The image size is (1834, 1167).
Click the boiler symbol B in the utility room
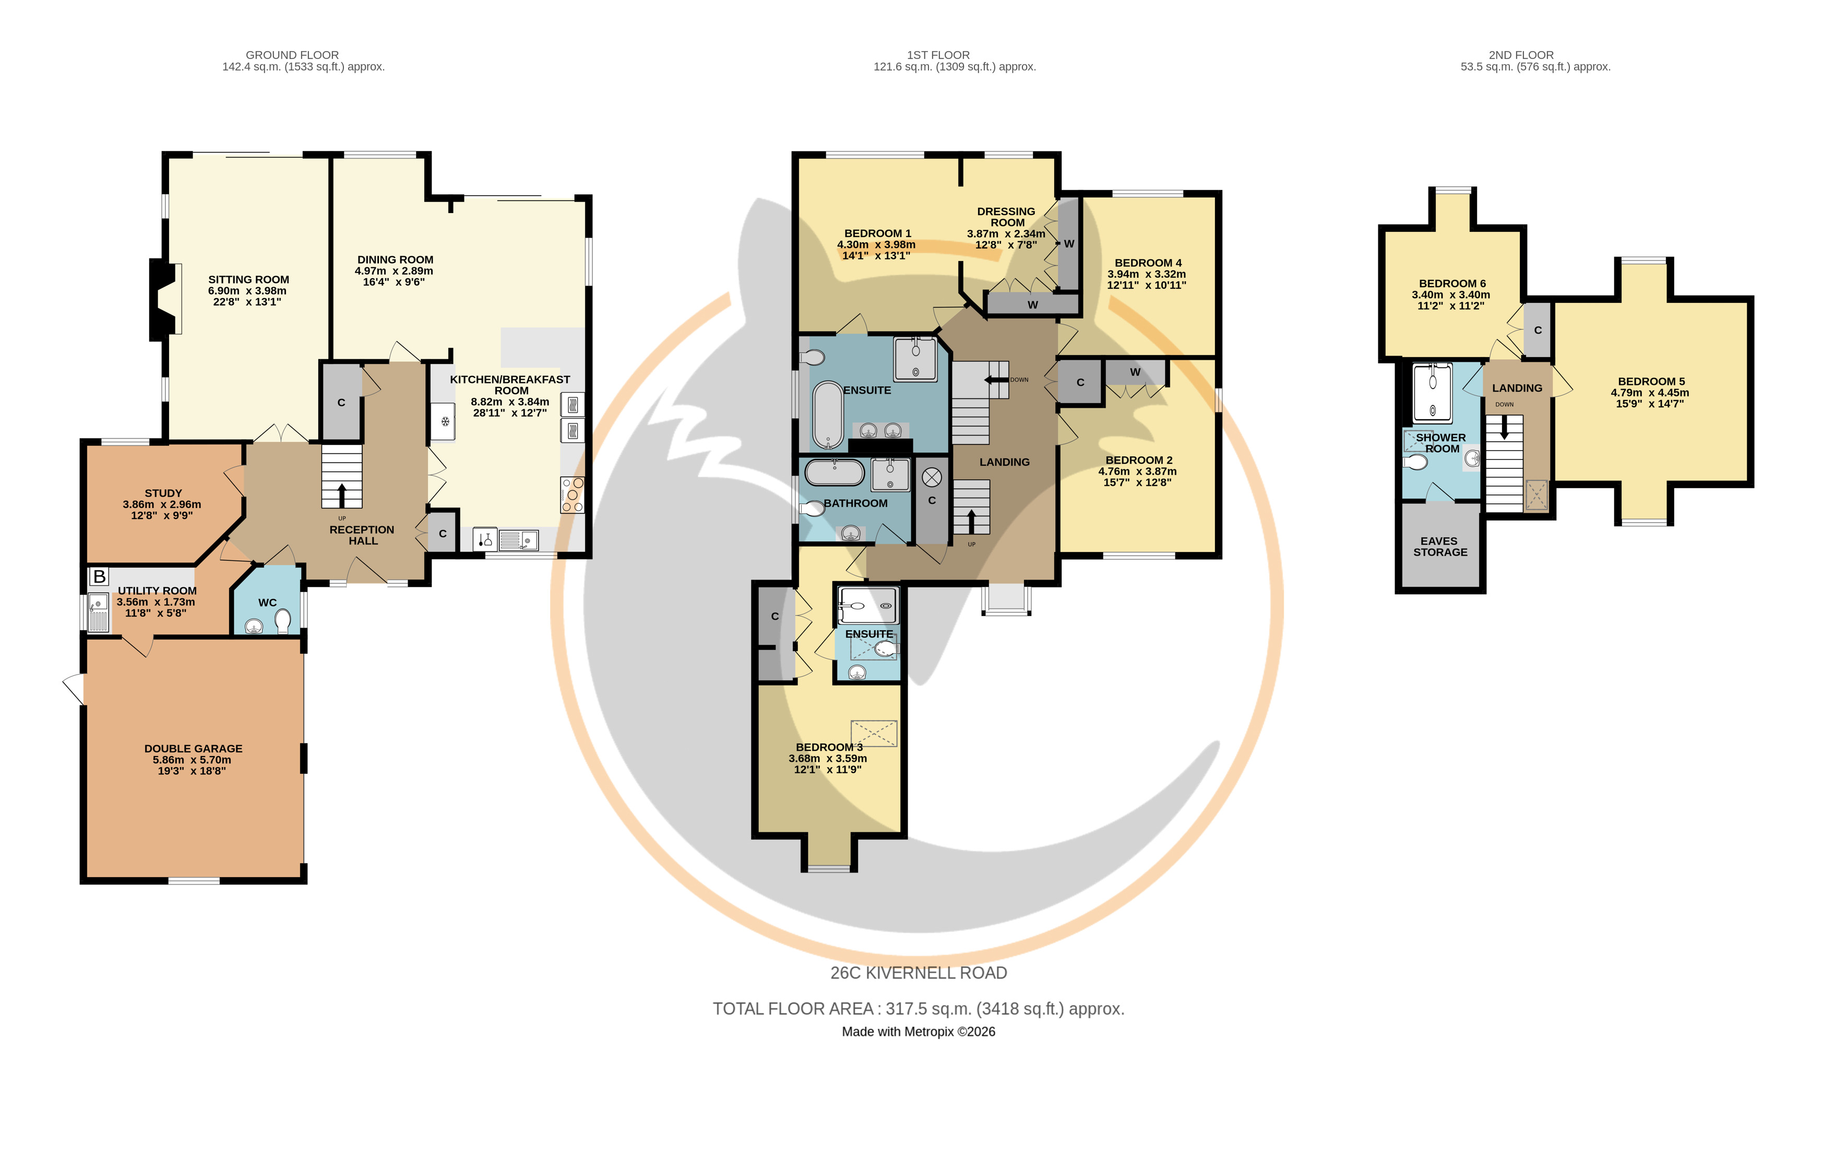tap(99, 576)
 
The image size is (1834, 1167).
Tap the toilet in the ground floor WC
tap(282, 621)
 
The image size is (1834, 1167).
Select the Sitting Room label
tap(248, 279)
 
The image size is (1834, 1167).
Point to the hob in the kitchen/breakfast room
tap(572, 494)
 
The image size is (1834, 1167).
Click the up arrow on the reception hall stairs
tap(340, 495)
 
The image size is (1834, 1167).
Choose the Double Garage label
tap(194, 749)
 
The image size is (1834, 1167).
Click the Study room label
tap(163, 493)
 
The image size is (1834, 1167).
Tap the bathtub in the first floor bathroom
tap(834, 473)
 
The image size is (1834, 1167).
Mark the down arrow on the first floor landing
tap(995, 380)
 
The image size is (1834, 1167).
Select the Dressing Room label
tap(1006, 217)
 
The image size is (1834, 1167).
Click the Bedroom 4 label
tap(1148, 263)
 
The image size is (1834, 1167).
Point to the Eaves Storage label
tap(1439, 547)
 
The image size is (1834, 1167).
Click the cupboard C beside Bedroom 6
tap(1538, 331)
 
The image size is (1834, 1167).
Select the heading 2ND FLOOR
tap(1521, 55)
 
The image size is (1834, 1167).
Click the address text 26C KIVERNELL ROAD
tap(919, 973)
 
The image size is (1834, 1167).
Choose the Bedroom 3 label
tap(829, 747)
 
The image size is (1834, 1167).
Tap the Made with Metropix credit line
tap(919, 1031)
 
